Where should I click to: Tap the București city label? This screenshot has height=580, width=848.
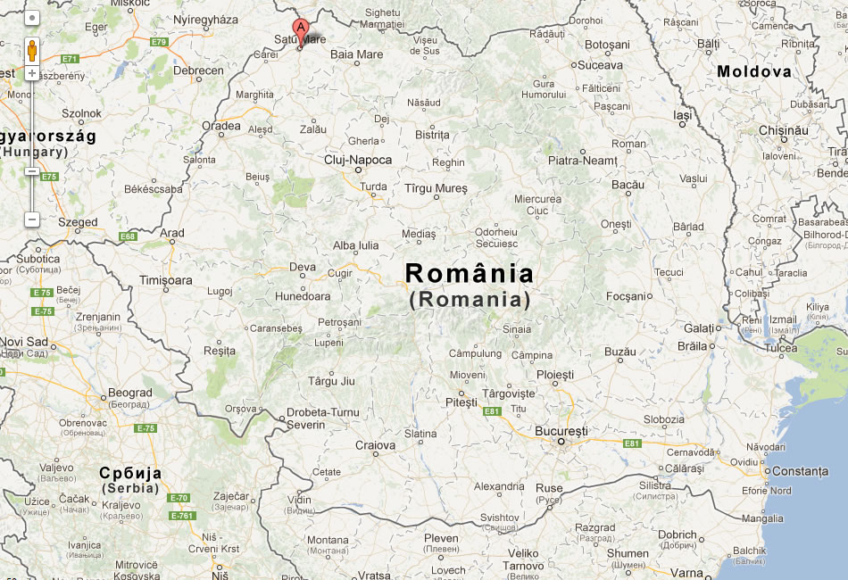[561, 431]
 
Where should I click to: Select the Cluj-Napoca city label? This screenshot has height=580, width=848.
[357, 160]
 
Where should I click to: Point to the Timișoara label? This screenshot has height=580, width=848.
[165, 280]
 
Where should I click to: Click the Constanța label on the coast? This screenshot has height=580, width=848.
[800, 470]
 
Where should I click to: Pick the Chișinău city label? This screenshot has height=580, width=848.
[783, 129]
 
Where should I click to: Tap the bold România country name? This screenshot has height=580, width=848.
[470, 273]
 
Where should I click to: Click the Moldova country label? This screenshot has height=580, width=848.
[754, 71]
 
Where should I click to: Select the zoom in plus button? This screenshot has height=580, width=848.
[32, 73]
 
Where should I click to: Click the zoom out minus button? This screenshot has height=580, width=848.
[32, 219]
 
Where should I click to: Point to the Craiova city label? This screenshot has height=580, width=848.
[375, 445]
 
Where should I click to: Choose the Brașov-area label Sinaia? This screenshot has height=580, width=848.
[517, 329]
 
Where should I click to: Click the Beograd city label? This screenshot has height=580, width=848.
[130, 393]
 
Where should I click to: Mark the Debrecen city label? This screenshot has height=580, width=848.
[198, 70]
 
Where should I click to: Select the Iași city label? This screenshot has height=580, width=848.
[683, 115]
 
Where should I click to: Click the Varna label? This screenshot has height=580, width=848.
[686, 572]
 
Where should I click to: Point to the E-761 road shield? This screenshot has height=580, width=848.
[182, 516]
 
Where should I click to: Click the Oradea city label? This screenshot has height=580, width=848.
[221, 126]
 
